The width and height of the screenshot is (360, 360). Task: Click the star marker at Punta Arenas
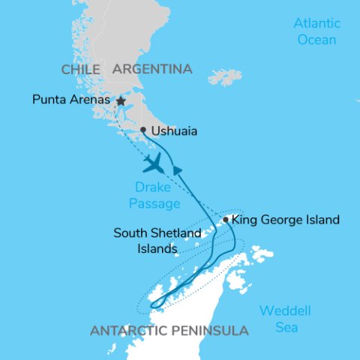pos(120,100)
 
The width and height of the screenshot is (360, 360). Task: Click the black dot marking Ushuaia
pos(143,130)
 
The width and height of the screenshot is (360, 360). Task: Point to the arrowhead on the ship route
pos(178,171)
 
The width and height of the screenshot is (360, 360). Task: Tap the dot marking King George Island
pos(226,220)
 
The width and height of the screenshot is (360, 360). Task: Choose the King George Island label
pos(286,220)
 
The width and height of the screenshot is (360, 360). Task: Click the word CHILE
pos(81,69)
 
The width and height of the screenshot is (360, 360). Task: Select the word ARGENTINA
pos(152,69)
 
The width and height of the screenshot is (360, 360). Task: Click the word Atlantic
pos(316,23)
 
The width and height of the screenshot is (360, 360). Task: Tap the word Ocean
pos(316,39)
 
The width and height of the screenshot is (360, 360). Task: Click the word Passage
pos(154,203)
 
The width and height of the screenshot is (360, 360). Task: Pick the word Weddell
pos(285,311)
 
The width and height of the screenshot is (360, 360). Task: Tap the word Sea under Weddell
pos(286,328)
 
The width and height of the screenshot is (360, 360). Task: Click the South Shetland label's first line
pos(157,233)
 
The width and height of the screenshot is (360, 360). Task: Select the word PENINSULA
pos(216,331)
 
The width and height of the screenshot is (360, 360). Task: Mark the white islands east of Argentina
pos(226,77)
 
